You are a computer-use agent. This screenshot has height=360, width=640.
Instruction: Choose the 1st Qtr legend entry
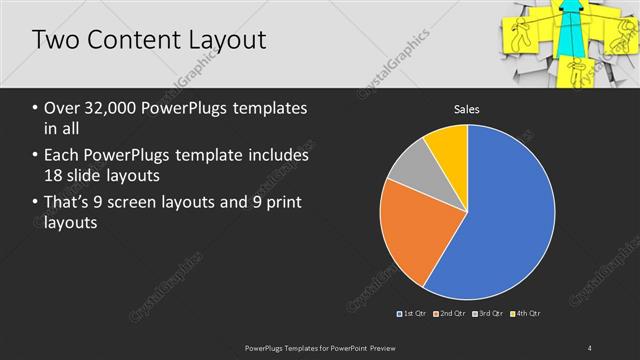tap(414, 314)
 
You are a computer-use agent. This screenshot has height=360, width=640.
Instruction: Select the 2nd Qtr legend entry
tap(450, 314)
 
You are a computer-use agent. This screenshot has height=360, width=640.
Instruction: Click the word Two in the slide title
tap(54, 41)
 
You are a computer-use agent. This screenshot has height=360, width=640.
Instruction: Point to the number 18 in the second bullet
tap(57, 176)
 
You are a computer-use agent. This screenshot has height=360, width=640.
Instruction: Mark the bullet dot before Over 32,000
tap(36, 109)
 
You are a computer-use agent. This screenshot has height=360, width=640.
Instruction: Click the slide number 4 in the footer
tap(589, 347)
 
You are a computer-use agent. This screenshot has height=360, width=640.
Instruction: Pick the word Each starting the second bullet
tap(63, 156)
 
